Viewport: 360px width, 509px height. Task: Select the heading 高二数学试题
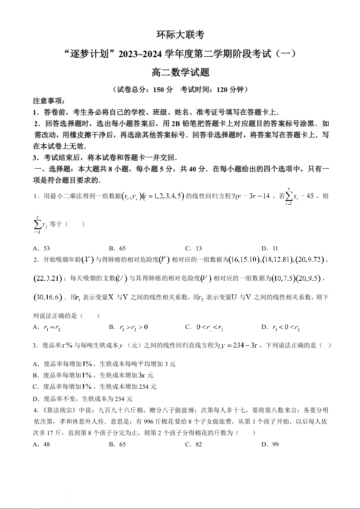[x=180, y=72]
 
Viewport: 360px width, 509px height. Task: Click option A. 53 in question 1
[x=42, y=248]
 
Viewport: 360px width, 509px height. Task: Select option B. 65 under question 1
[x=118, y=248]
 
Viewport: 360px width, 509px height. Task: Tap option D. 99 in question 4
[x=270, y=445]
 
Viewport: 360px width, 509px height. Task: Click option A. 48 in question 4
[x=42, y=445]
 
